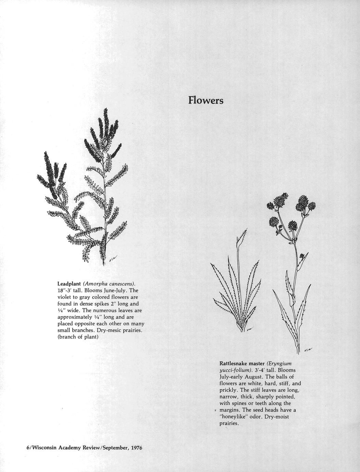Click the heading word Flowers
[206, 101]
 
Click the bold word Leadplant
[69, 284]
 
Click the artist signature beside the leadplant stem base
[113, 259]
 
